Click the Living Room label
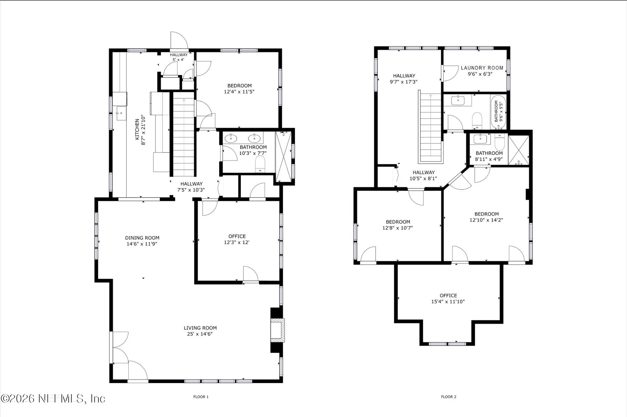tap(200, 328)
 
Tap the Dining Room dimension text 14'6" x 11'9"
tap(142, 244)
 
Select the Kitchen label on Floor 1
tap(137, 129)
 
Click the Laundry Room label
tap(482, 68)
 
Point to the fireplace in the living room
tap(277, 330)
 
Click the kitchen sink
tap(121, 113)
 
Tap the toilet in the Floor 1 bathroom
tap(260, 164)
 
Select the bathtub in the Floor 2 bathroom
tap(498, 112)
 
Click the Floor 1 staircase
tap(184, 134)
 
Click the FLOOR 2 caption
tap(449, 397)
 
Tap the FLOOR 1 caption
tap(201, 397)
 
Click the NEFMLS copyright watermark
tap(53, 398)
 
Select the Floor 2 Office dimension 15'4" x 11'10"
tap(448, 302)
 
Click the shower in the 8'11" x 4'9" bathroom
tap(519, 150)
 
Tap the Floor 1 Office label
tap(237, 236)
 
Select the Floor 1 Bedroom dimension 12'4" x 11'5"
tap(239, 92)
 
